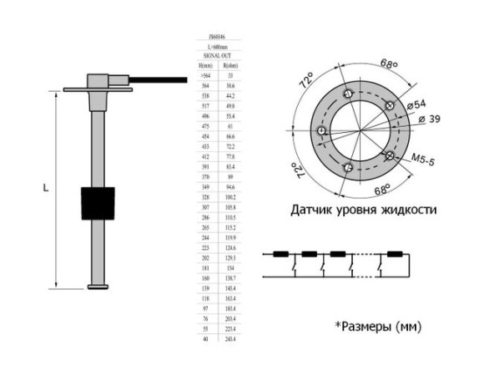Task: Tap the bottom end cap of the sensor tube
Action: [x=98, y=288]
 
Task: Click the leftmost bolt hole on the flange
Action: [x=319, y=133]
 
